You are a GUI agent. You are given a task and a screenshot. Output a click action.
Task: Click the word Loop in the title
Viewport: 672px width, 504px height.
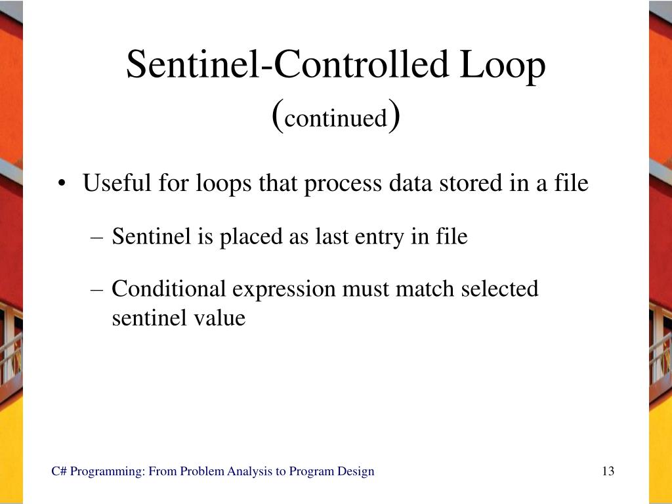pyautogui.click(x=505, y=66)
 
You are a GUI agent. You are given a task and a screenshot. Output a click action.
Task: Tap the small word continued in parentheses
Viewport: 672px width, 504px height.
pyautogui.click(x=336, y=119)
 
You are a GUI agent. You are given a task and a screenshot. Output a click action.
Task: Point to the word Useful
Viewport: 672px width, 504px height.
pyautogui.click(x=117, y=183)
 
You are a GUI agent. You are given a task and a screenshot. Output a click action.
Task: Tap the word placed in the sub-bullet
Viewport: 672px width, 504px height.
pyautogui.click(x=252, y=236)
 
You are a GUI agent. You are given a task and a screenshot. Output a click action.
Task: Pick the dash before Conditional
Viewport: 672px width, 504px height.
pyautogui.click(x=100, y=289)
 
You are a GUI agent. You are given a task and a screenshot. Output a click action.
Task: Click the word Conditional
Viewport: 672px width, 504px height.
pyautogui.click(x=169, y=288)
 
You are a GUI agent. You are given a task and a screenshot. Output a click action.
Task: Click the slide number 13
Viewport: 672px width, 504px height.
pyautogui.click(x=608, y=471)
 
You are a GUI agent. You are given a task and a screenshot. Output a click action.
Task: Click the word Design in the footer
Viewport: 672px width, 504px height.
pyautogui.click(x=356, y=471)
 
